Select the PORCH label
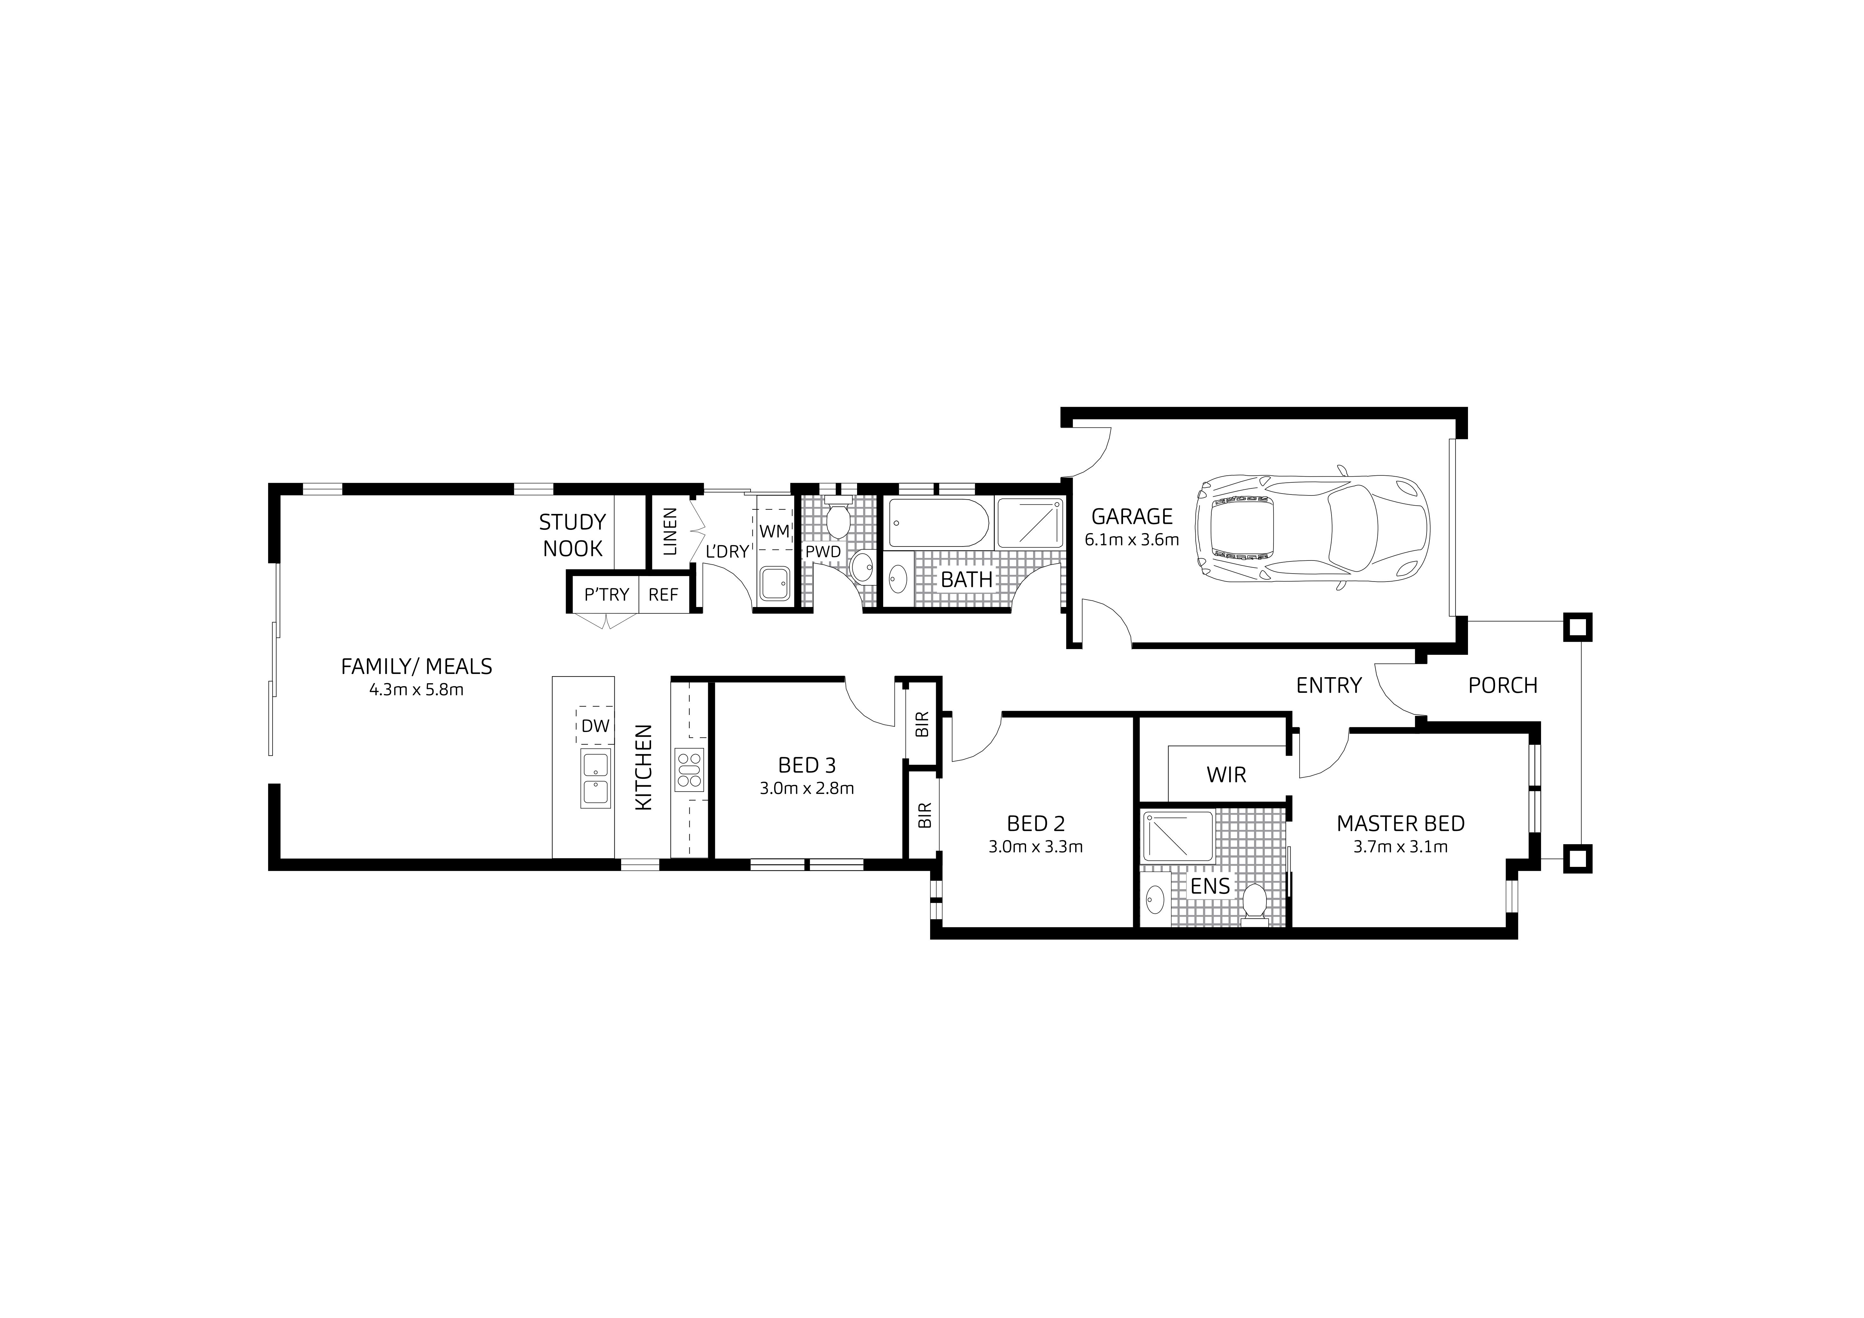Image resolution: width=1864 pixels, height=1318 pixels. (1503, 686)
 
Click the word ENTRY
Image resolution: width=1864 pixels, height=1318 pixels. (1328, 686)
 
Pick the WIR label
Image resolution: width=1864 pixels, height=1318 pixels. (1226, 775)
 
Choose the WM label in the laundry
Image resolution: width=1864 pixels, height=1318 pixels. (774, 531)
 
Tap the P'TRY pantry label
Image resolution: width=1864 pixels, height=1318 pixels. (606, 595)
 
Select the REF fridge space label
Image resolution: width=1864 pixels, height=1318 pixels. (663, 595)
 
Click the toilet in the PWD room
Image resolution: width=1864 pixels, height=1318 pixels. (837, 519)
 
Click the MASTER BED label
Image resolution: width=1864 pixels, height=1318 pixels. (1400, 824)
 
